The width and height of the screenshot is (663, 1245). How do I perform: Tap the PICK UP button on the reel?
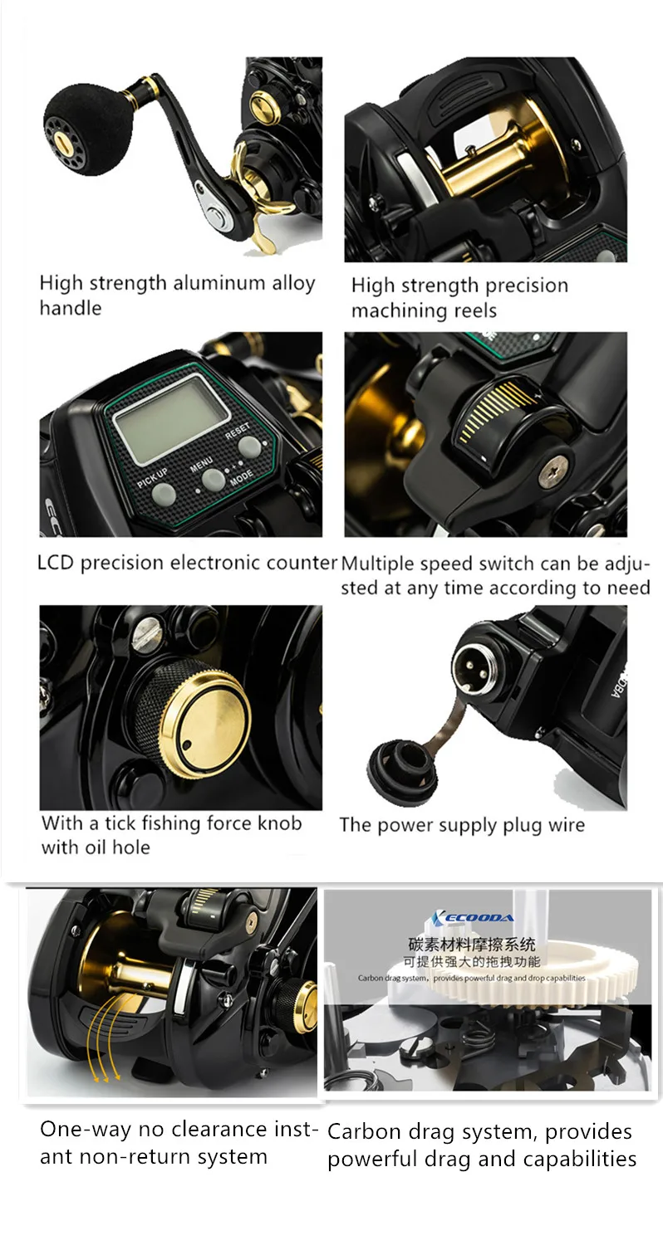[x=164, y=494]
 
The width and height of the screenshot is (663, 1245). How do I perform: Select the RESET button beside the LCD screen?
[x=248, y=447]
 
